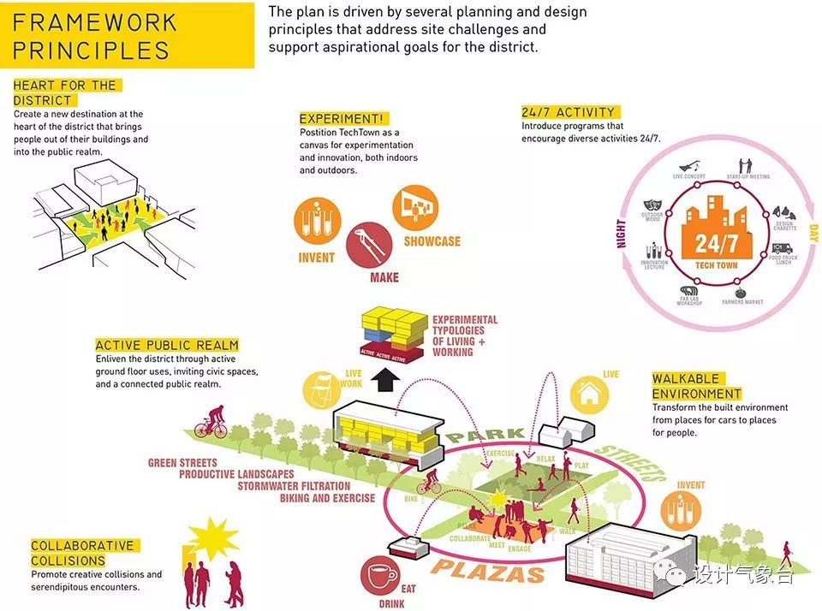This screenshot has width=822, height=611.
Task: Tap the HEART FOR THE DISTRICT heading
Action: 65,92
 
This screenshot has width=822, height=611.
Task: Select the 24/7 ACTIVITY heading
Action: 569,112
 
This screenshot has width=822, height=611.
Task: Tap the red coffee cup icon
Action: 379,576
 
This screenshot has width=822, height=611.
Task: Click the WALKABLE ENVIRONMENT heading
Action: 696,387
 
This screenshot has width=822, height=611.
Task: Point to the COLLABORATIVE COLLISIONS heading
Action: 82,553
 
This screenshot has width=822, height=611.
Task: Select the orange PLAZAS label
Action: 488,572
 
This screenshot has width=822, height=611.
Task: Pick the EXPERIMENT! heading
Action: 342,119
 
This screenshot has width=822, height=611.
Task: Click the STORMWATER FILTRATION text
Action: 304,486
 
